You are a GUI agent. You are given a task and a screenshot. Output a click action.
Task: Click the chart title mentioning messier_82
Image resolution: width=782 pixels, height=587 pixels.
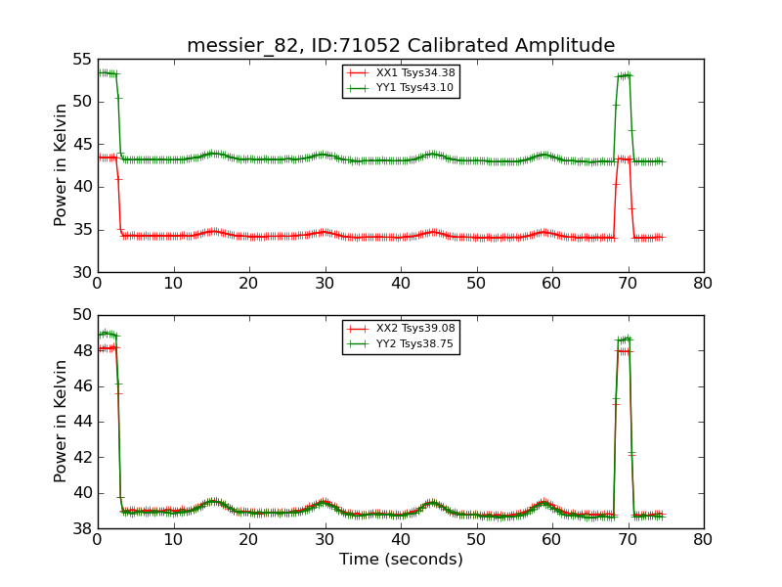(401, 45)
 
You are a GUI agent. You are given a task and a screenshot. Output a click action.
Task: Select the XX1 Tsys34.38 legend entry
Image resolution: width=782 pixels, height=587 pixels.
(401, 72)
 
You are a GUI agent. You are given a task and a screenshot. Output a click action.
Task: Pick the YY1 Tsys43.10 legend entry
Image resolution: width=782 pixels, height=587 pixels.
(401, 87)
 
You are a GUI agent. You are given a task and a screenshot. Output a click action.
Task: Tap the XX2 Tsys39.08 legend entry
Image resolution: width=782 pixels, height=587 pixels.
(401, 329)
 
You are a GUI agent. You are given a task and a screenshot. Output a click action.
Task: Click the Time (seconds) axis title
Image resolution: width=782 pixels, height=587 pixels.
(401, 560)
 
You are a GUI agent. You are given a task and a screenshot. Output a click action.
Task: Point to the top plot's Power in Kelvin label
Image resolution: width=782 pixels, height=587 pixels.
(61, 165)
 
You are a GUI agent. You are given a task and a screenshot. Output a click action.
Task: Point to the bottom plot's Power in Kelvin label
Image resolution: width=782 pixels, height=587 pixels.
(61, 422)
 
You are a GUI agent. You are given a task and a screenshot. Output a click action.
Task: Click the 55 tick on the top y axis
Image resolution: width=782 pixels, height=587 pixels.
(81, 59)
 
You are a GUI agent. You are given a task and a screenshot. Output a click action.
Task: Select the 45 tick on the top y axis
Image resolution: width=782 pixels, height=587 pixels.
(81, 144)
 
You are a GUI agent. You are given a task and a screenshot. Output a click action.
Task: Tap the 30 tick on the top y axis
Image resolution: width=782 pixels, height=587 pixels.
(81, 272)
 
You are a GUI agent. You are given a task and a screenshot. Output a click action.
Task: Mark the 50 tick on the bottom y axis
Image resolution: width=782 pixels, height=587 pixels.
(81, 315)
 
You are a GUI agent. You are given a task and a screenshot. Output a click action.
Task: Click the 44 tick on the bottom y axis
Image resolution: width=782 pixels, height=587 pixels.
(81, 422)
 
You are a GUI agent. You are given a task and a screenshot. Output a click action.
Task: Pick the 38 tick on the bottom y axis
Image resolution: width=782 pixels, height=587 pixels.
(81, 528)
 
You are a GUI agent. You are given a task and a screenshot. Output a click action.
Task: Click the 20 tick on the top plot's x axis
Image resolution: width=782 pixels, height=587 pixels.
(249, 284)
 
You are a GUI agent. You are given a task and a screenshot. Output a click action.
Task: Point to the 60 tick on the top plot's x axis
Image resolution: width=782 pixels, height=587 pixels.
(552, 284)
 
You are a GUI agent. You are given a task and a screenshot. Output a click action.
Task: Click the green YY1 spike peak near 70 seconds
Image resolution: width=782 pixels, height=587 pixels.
(624, 75)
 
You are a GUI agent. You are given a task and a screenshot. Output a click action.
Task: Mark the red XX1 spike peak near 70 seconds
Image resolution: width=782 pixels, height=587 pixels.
(624, 158)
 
